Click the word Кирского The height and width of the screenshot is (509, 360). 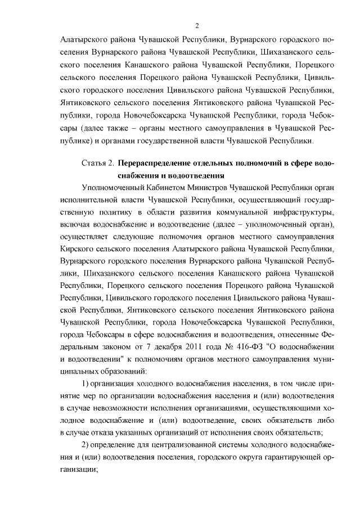click(x=76, y=249)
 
